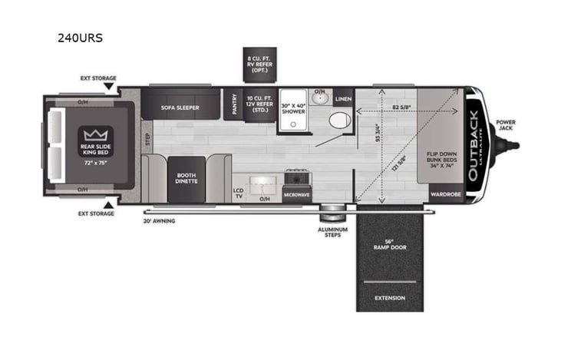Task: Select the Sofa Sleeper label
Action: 180,107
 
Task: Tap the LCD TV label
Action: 238,192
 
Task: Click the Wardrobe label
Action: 445,195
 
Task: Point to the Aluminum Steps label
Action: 334,232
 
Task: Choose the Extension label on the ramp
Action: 389,298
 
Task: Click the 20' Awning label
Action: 159,220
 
